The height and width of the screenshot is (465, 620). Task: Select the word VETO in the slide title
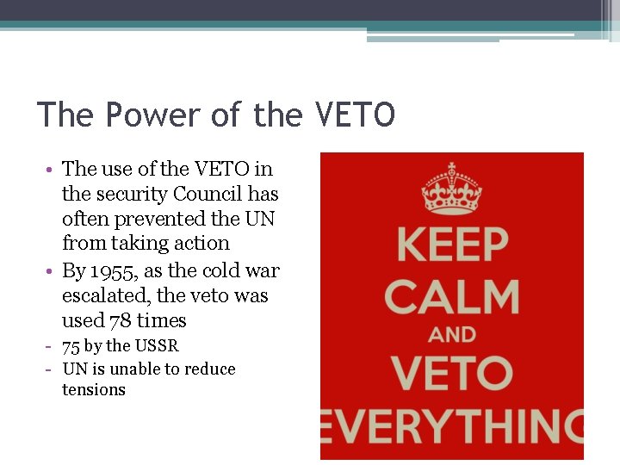[x=355, y=115]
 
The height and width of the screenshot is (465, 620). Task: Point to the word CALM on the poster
[x=451, y=297]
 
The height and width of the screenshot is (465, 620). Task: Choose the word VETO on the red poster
[x=451, y=374]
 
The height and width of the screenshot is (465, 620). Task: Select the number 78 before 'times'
[x=121, y=321]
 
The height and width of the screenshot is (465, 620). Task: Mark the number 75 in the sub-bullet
[x=71, y=346]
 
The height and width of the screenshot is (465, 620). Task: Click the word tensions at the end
[x=94, y=390]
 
